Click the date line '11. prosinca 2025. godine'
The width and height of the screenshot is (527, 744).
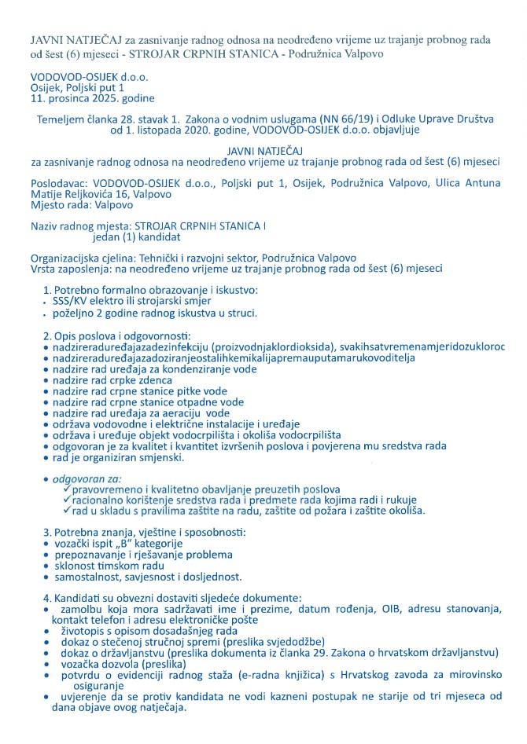coord(87,99)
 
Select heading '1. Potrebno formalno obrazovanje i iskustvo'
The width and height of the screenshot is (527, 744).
coord(150,290)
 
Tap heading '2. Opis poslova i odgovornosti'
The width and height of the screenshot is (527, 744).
coord(124,335)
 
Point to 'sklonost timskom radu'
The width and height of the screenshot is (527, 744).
coord(113,566)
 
